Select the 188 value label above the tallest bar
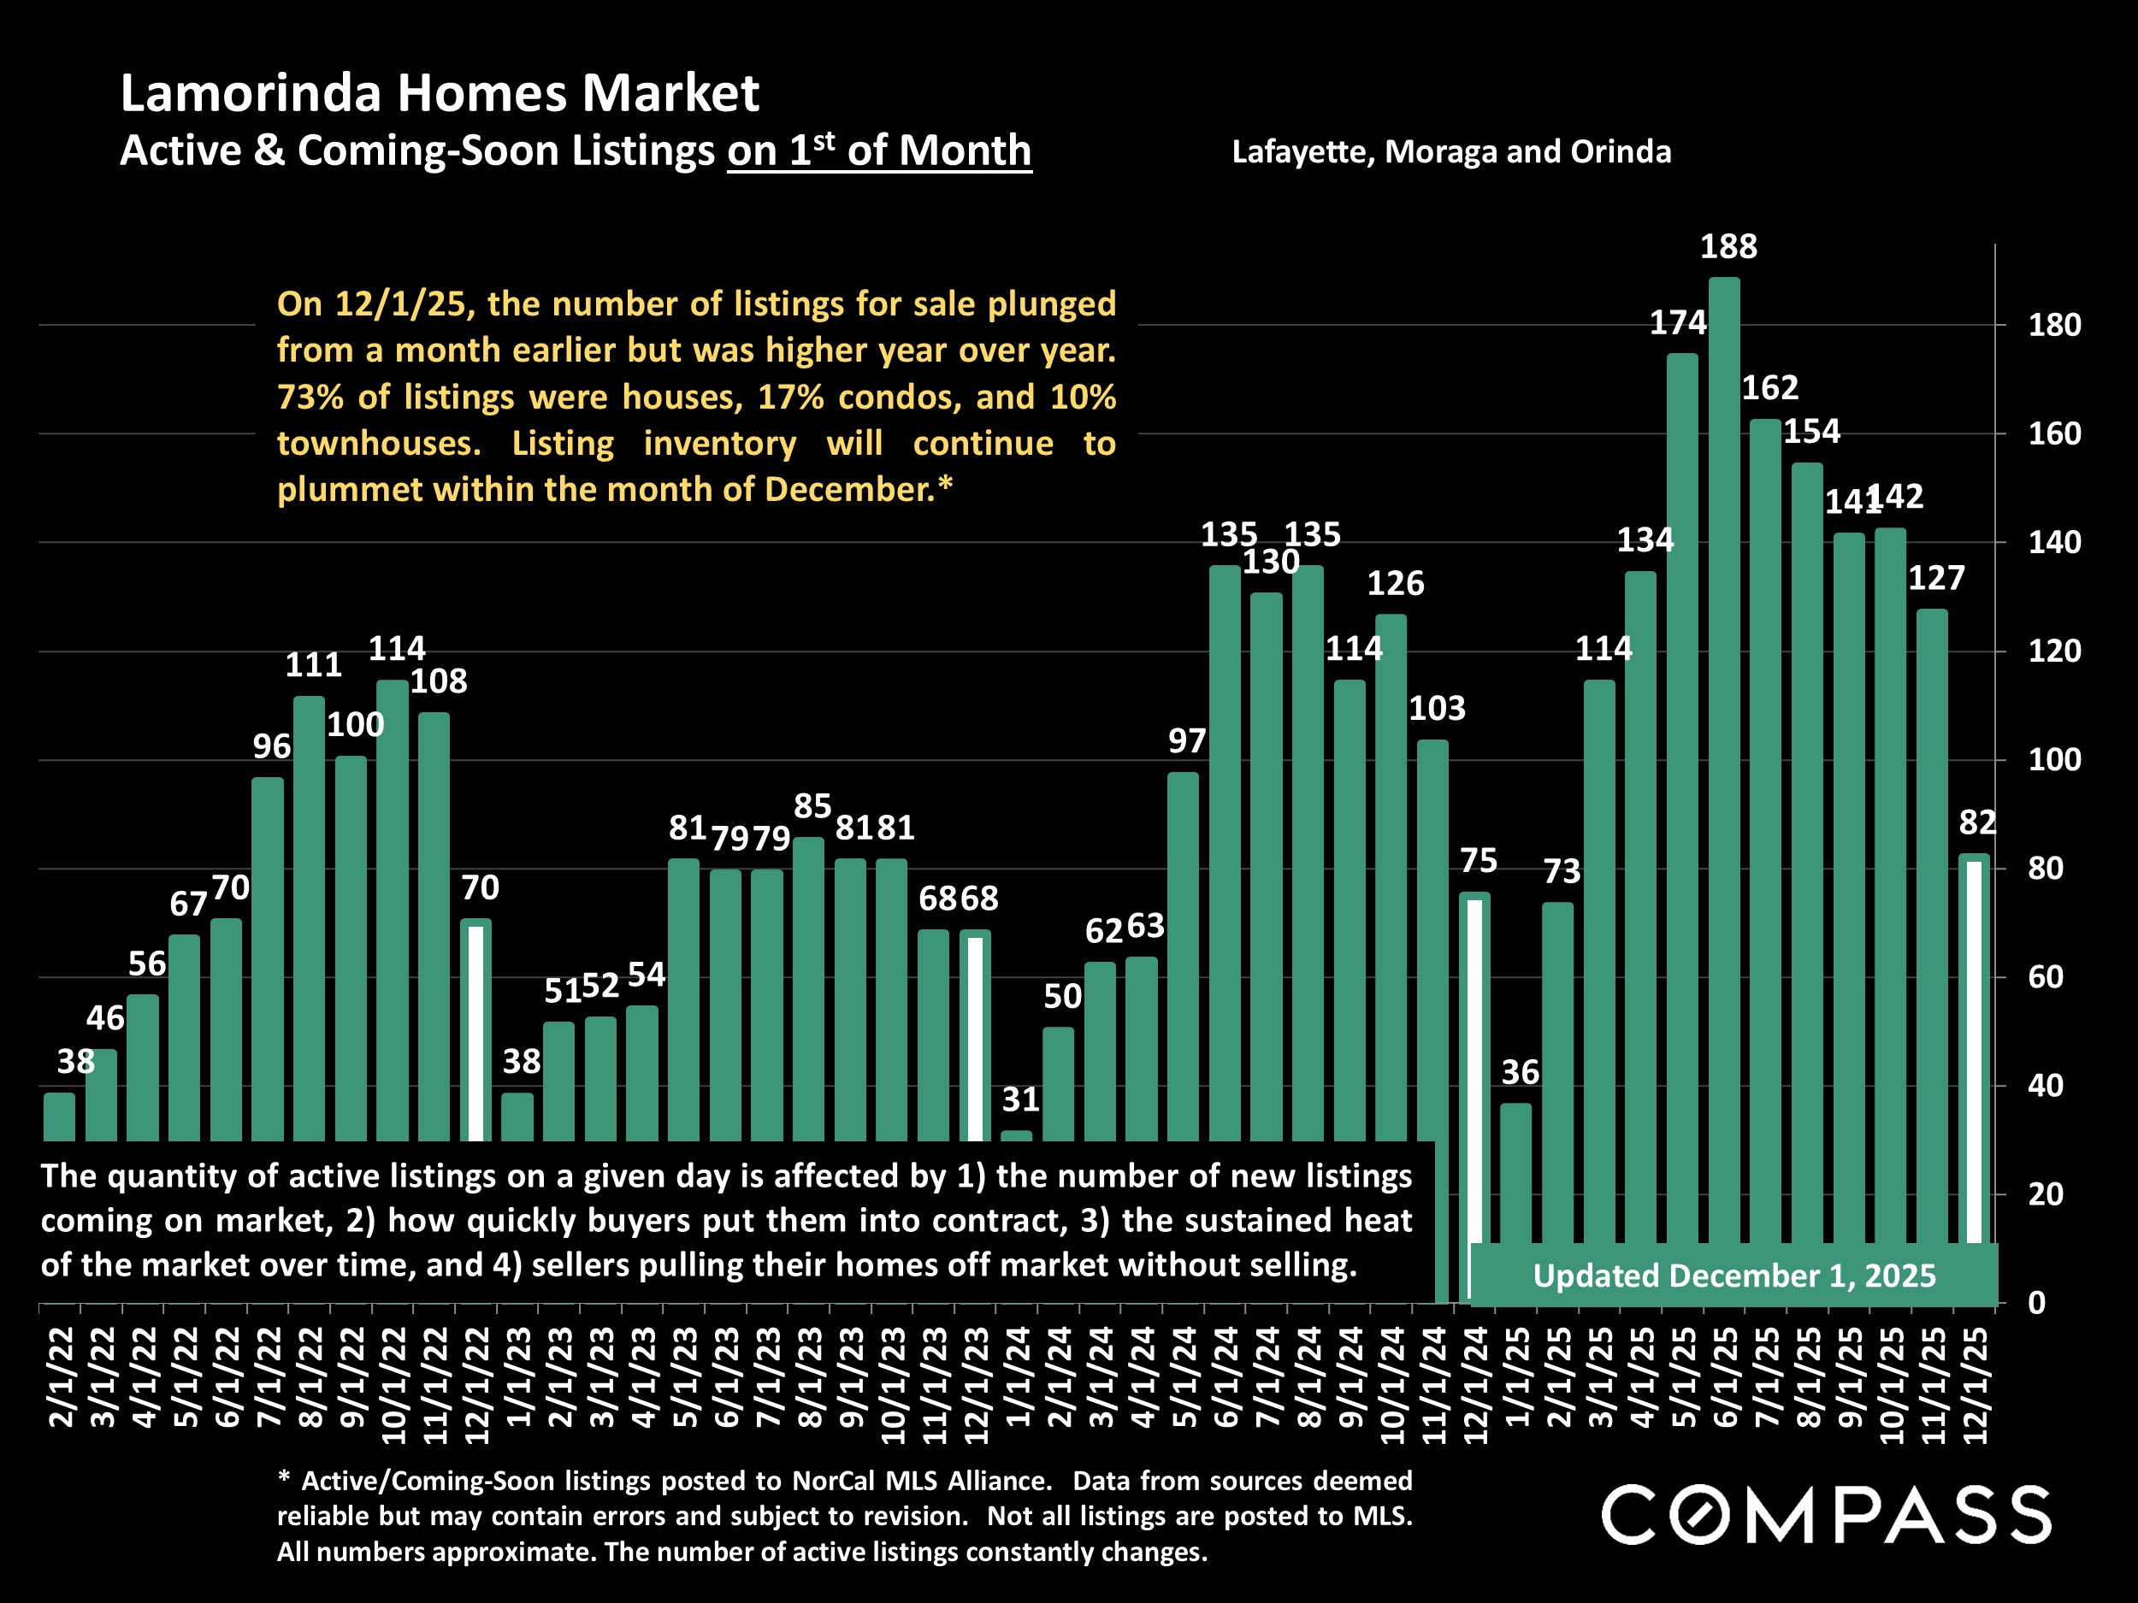pos(1728,247)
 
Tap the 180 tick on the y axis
pos(2054,326)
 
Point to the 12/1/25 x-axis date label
pos(1976,1385)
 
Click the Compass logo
pos(1826,1515)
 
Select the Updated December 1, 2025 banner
pos(1734,1276)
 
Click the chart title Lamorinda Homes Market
pos(439,94)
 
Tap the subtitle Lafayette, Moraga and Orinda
pos(1450,151)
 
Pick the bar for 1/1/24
pos(1017,1135)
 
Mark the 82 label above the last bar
pos(1977,822)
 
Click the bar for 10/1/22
pos(393,908)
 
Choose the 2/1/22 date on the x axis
pos(61,1377)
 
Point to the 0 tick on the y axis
pos(2036,1304)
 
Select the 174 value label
pos(1678,322)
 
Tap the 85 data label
pos(812,806)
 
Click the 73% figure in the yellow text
pos(307,398)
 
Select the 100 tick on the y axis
pos(2054,760)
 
